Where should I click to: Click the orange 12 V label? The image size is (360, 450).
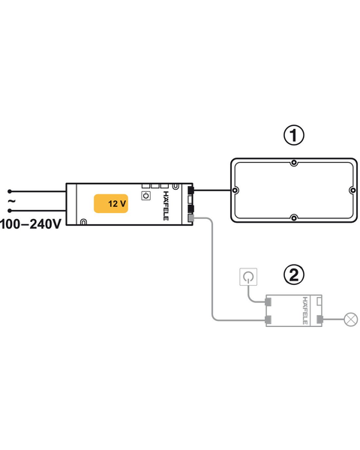click(x=111, y=203)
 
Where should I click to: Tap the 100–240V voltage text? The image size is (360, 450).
click(x=31, y=223)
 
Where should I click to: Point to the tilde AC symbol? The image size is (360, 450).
click(x=11, y=201)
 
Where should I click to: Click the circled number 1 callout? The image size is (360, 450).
click(x=294, y=136)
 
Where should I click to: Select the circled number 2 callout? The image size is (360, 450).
click(x=294, y=275)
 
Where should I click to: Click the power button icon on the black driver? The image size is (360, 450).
click(x=145, y=196)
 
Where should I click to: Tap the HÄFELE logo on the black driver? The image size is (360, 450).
click(x=166, y=205)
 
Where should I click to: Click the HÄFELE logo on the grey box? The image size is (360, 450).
click(x=305, y=310)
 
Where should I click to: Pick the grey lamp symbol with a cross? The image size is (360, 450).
click(x=350, y=319)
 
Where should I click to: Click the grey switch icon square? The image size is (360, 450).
click(x=248, y=277)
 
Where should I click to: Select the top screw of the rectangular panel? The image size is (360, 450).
click(x=294, y=163)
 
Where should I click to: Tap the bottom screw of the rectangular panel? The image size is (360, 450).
click(x=294, y=218)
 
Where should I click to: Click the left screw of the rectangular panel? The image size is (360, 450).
click(x=235, y=190)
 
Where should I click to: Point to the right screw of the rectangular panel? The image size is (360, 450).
click(x=352, y=190)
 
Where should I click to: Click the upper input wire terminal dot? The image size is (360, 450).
click(x=10, y=191)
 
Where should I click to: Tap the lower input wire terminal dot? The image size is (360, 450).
click(x=10, y=211)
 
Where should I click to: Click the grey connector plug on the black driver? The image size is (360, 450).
click(x=190, y=218)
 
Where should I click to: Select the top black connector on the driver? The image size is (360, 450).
click(x=190, y=190)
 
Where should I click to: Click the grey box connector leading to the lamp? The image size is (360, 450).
click(x=319, y=319)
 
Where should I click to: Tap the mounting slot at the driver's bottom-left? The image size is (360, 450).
click(x=83, y=222)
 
